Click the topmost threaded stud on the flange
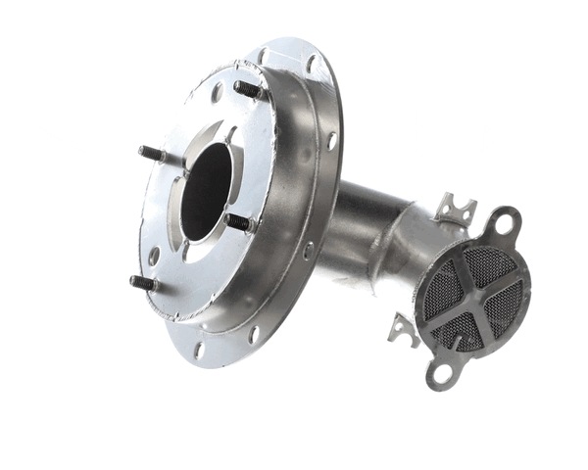click(x=247, y=89)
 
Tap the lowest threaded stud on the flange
click(x=143, y=282)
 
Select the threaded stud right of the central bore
click(x=238, y=222)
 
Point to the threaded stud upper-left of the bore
click(x=152, y=154)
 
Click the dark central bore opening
click(x=207, y=191)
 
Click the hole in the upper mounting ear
click(x=506, y=223)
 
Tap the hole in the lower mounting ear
click(x=439, y=372)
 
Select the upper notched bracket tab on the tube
click(x=455, y=209)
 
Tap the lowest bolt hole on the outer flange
click(x=199, y=349)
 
